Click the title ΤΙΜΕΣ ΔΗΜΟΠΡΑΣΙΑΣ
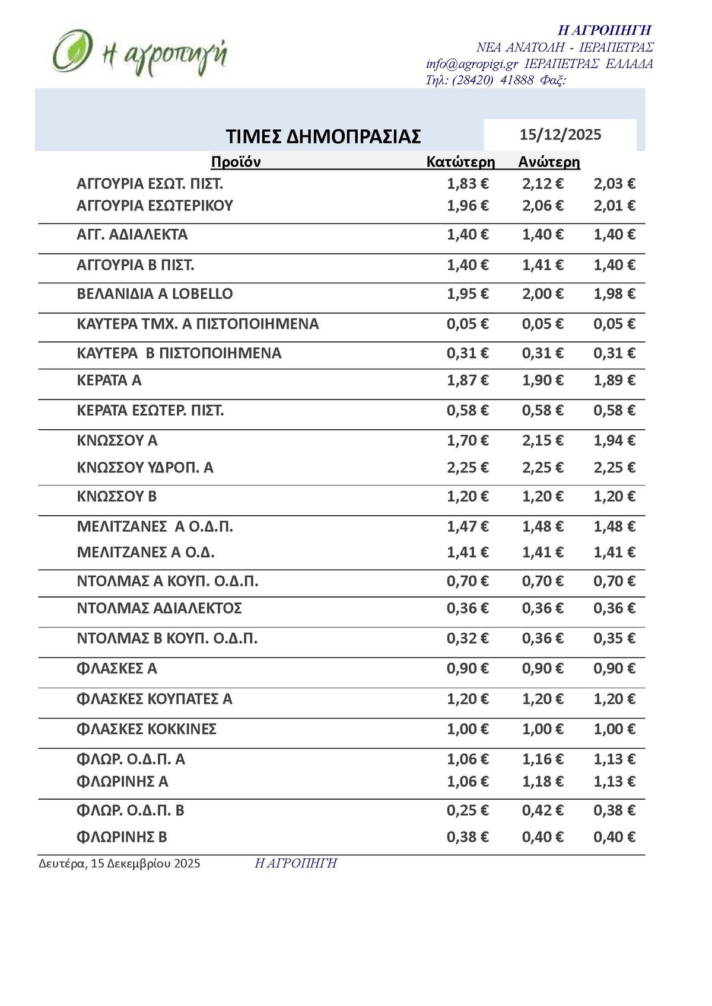(323, 136)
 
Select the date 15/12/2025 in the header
(560, 135)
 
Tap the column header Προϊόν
(236, 162)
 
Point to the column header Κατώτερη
(460, 162)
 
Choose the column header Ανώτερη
(549, 162)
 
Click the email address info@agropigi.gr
(472, 64)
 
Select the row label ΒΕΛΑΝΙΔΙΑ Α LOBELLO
(155, 294)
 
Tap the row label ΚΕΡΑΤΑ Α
(109, 381)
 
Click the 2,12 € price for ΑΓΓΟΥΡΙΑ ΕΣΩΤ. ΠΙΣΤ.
(542, 184)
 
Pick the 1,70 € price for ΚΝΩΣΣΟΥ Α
(468, 440)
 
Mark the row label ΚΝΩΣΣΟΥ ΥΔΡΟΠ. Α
(145, 468)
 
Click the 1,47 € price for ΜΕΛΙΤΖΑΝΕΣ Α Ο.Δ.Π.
(468, 526)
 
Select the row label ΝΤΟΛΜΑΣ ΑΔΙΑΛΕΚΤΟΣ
(159, 608)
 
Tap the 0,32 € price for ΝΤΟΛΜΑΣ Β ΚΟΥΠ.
(468, 638)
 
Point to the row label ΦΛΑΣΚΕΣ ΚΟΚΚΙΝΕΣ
(147, 729)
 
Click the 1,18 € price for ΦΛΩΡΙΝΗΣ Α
(542, 782)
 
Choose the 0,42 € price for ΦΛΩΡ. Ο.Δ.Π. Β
(542, 810)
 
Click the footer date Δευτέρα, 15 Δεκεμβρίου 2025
(119, 864)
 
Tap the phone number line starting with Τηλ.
(495, 80)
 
